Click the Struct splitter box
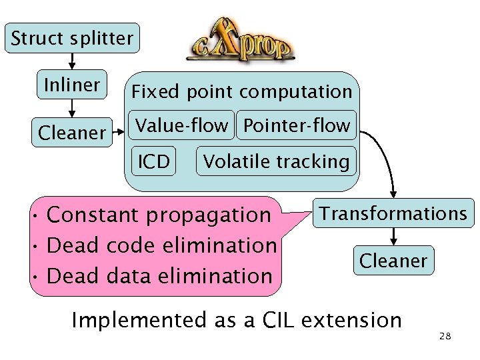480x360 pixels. (x=72, y=38)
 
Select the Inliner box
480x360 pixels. (x=72, y=85)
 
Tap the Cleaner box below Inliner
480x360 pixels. (x=72, y=133)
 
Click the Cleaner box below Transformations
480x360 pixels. (x=393, y=260)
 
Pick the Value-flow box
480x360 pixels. (x=182, y=125)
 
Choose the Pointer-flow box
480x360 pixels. (x=297, y=125)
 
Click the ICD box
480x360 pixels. (x=153, y=161)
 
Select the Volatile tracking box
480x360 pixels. (x=276, y=161)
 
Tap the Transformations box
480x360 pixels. (x=393, y=213)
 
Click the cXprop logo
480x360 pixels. (x=240, y=45)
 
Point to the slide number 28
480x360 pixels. (x=445, y=336)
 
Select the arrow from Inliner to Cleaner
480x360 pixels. (x=72, y=108)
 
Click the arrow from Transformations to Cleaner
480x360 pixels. (x=394, y=235)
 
